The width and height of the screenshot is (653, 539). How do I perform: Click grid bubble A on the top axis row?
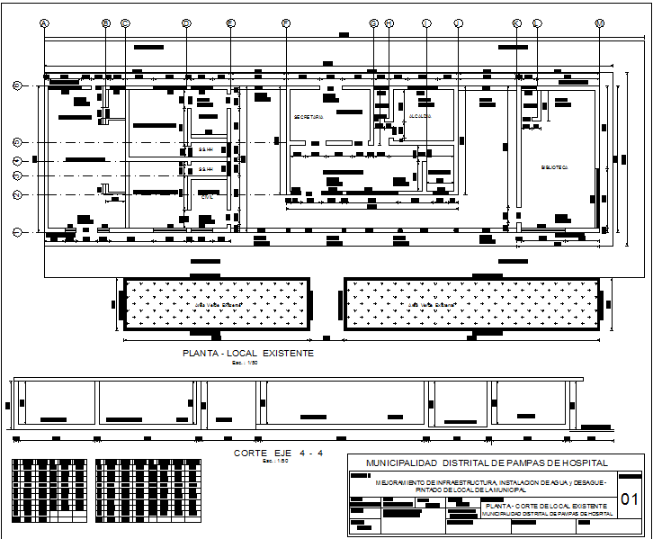[x=45, y=23]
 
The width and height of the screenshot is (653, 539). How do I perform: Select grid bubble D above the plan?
[x=186, y=23]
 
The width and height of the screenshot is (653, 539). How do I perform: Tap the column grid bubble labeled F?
[x=286, y=23]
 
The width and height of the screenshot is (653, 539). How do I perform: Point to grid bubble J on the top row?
[x=458, y=23]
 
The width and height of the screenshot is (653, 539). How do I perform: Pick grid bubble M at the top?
[x=599, y=23]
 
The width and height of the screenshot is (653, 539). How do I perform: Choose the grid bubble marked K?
[x=516, y=23]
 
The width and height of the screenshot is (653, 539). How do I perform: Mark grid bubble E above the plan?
[x=230, y=23]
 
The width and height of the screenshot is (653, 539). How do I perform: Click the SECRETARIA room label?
[x=309, y=117]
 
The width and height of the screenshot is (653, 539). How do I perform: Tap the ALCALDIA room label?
[x=420, y=117]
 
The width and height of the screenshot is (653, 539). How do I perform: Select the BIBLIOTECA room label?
[x=554, y=167]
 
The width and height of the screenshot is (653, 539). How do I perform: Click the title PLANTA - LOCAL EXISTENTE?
[x=248, y=354]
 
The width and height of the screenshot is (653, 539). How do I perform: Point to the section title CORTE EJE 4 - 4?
[x=278, y=453]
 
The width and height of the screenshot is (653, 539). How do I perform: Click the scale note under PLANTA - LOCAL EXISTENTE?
[x=238, y=364]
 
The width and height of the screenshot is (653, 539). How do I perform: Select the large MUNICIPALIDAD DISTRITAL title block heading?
[x=486, y=463]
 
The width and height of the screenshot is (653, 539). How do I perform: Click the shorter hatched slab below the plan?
[x=215, y=304]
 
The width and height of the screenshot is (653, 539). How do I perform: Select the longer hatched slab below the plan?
[x=473, y=304]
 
